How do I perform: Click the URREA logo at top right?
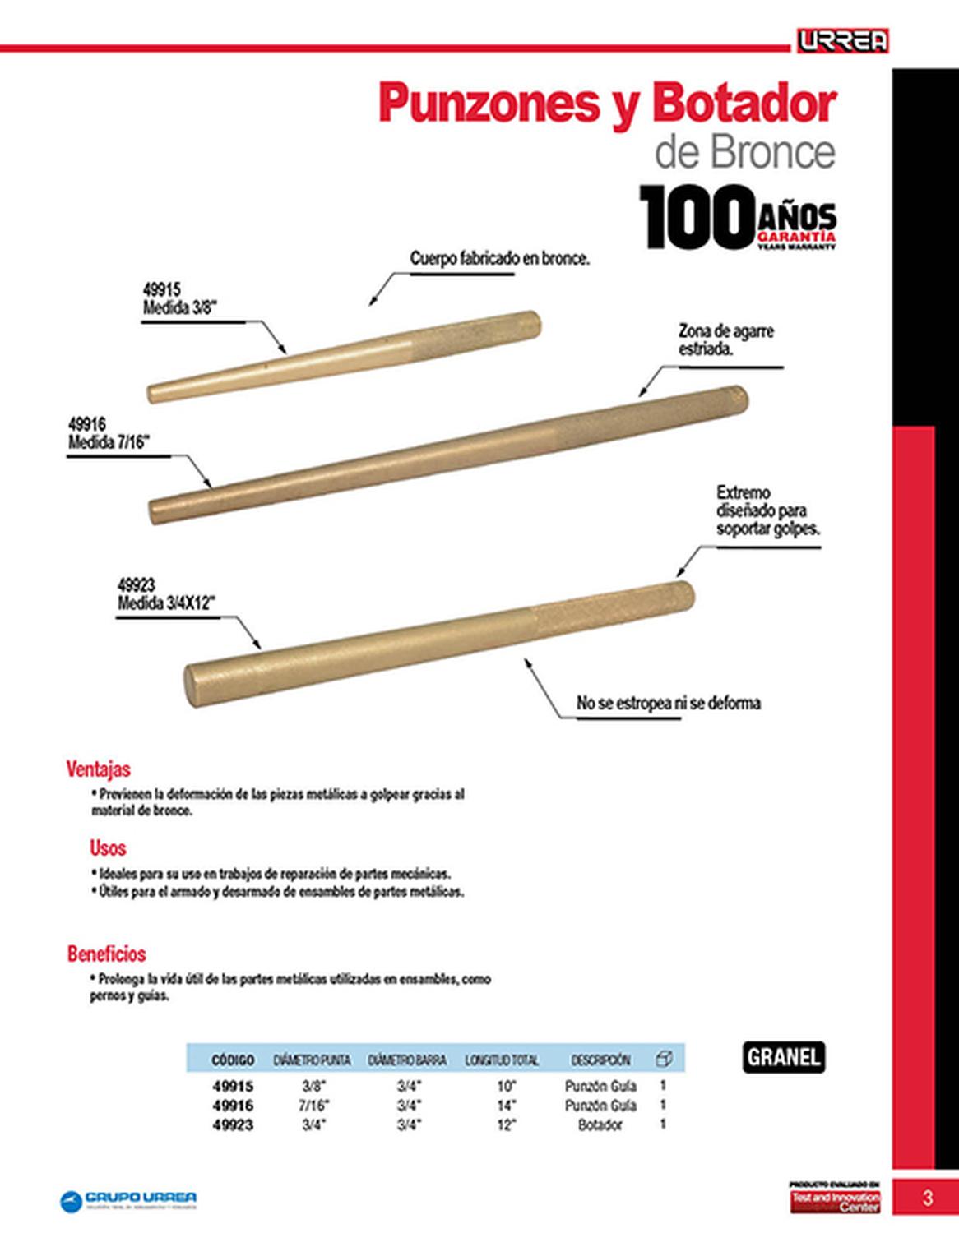(x=842, y=40)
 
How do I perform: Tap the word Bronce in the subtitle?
(x=771, y=152)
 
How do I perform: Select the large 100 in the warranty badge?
(x=696, y=217)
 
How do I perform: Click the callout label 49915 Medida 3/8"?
(x=178, y=299)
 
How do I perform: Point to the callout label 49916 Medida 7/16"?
(x=108, y=433)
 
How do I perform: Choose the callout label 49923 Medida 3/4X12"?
(x=165, y=594)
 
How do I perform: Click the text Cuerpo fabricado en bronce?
(x=500, y=258)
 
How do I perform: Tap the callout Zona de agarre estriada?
(x=725, y=339)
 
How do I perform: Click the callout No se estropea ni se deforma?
(x=668, y=703)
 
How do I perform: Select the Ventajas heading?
(x=99, y=769)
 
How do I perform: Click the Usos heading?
(x=108, y=847)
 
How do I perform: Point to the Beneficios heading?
(x=107, y=954)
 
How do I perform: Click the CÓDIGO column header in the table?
(x=233, y=1060)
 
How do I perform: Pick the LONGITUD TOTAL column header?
(x=502, y=1060)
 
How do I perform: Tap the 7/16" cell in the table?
(x=313, y=1106)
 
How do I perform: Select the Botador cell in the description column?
(x=600, y=1125)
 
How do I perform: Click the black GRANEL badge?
(x=784, y=1057)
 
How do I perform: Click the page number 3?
(x=928, y=1198)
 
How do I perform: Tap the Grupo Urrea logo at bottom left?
(x=129, y=1200)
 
